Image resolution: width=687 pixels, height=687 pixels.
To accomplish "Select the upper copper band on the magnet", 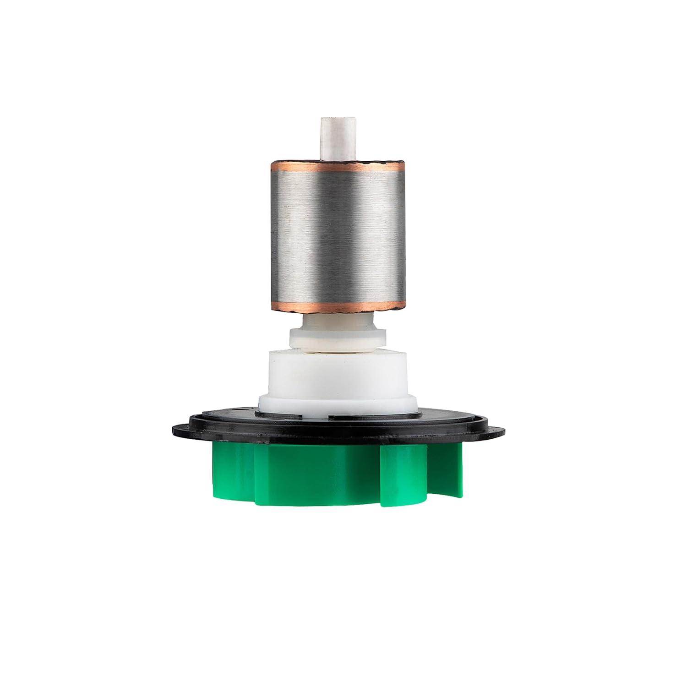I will [337, 165].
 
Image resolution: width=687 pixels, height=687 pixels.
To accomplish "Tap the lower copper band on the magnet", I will [337, 306].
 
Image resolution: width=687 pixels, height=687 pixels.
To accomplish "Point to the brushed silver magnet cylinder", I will [337, 236].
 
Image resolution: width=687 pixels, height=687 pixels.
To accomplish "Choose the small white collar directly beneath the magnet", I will [337, 337].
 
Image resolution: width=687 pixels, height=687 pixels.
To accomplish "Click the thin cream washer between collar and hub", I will [337, 353].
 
